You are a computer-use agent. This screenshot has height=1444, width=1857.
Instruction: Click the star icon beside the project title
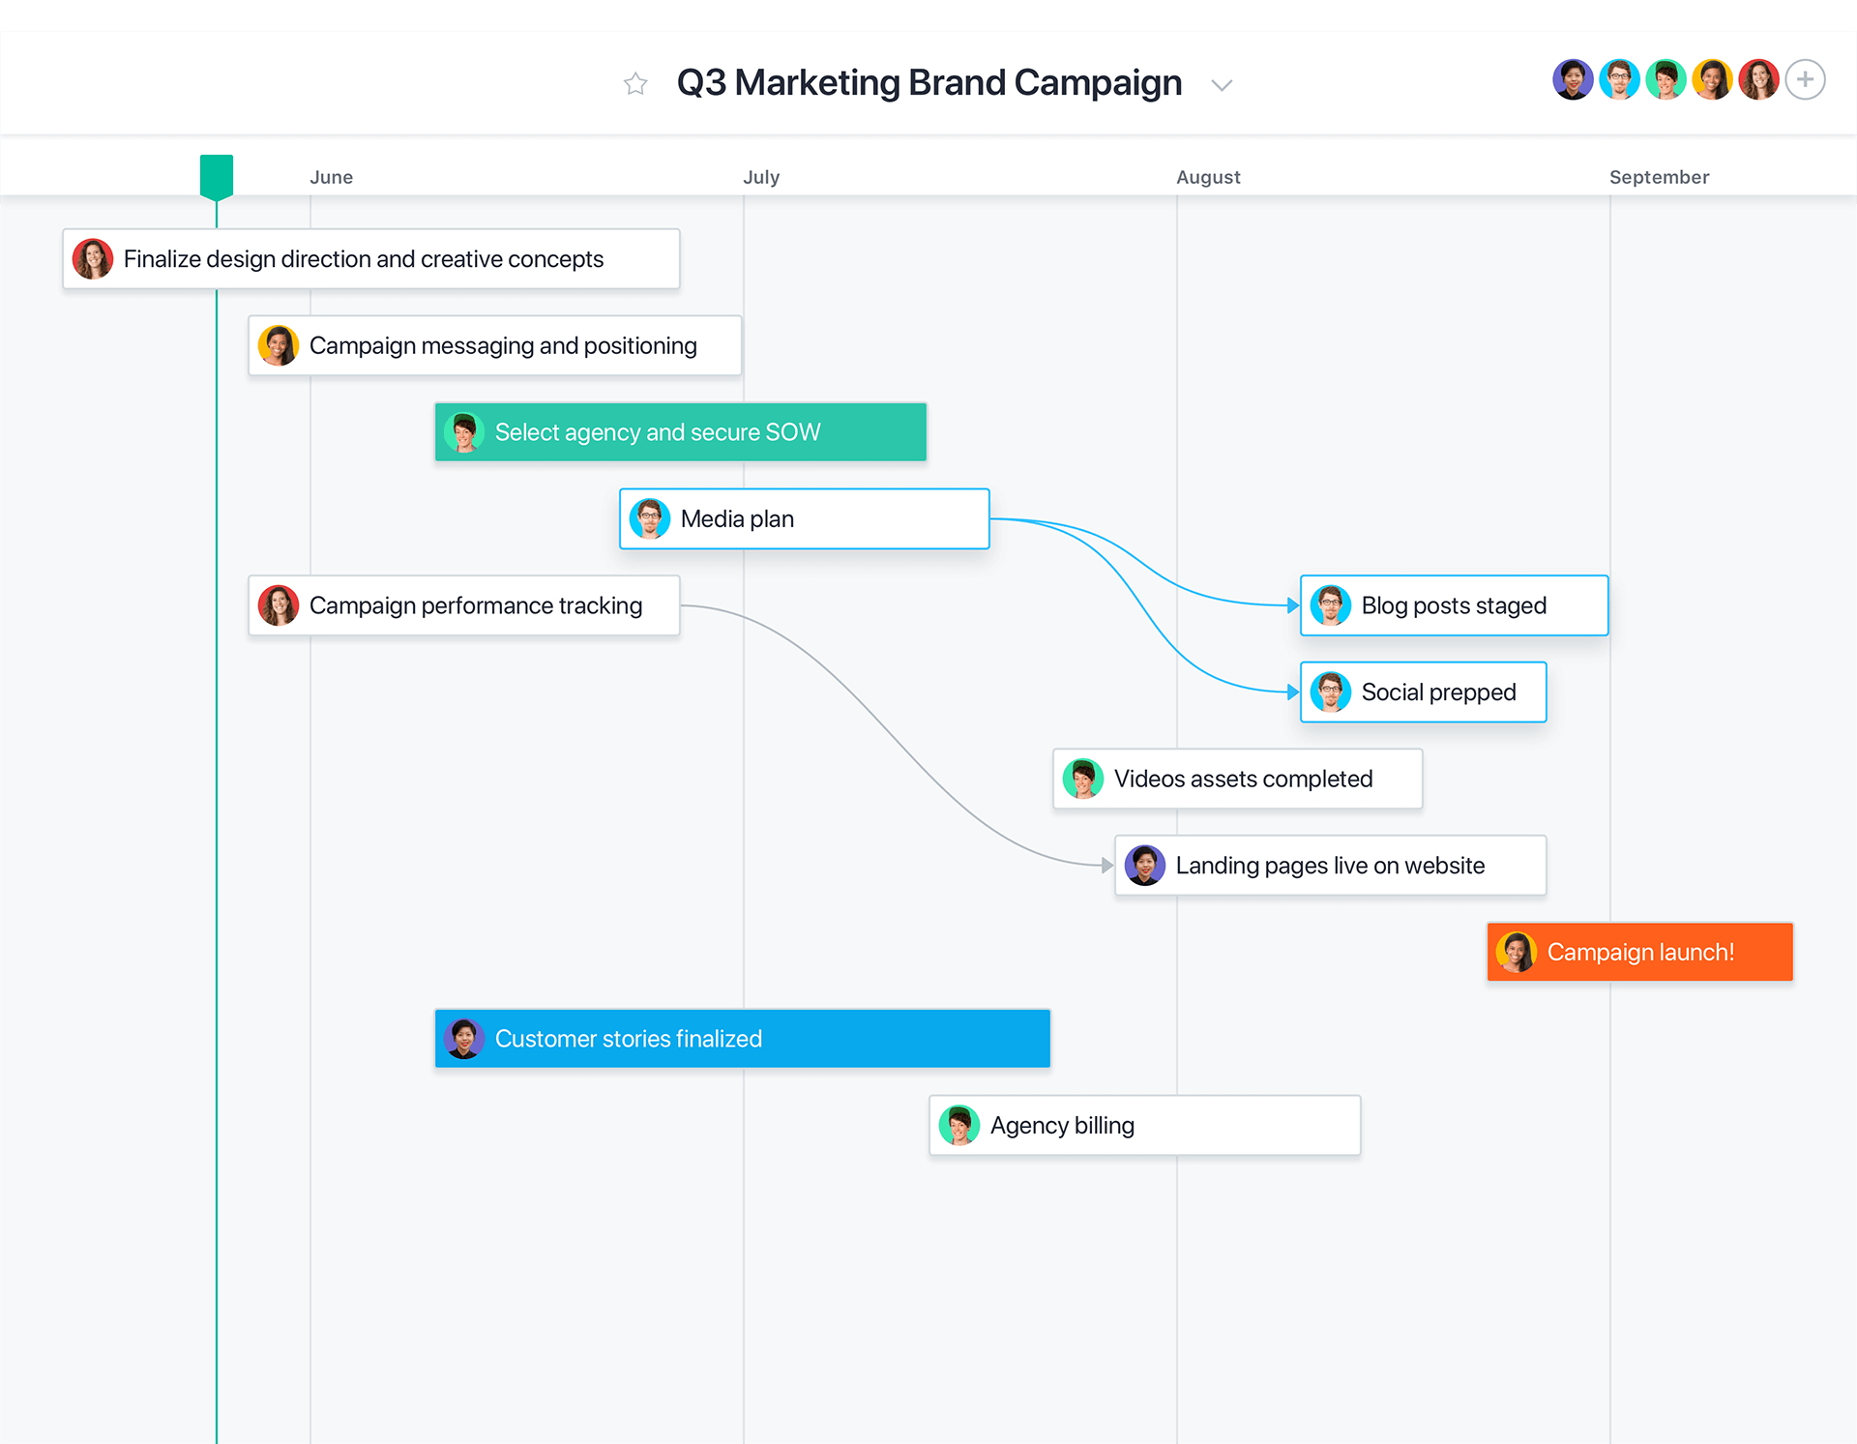coord(635,84)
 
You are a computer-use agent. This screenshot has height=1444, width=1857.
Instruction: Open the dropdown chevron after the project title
coord(1222,85)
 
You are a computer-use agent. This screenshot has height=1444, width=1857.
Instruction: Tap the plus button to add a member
coord(1805,79)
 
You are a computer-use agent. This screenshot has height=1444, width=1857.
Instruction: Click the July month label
coord(761,177)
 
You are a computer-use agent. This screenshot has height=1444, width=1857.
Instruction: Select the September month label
coord(1659,177)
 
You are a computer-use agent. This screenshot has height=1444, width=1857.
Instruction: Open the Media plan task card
coord(804,519)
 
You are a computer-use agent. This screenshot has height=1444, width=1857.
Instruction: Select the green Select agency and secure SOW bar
coord(680,432)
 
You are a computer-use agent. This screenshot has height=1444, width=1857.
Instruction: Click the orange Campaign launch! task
coord(1639,952)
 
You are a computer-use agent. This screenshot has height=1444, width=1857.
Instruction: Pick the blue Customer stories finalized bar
coord(742,1039)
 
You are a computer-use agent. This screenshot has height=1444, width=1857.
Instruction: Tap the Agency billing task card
coord(1144,1126)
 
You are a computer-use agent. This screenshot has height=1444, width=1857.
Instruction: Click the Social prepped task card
coord(1423,693)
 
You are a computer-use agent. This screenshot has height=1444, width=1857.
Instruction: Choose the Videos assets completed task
coord(1237,779)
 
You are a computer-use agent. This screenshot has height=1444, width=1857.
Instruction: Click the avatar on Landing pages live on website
coord(1145,866)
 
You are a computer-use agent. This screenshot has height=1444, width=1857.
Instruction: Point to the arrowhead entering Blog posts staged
coord(1293,605)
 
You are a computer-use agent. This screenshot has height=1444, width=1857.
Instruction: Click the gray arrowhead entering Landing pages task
coord(1107,866)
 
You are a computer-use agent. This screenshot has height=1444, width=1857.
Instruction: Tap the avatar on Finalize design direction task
coord(93,259)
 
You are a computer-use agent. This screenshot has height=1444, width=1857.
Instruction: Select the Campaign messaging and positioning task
coord(494,345)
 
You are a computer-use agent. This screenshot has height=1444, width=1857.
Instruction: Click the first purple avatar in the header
coord(1573,79)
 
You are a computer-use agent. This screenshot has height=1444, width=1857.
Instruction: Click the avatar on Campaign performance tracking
coord(279,605)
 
